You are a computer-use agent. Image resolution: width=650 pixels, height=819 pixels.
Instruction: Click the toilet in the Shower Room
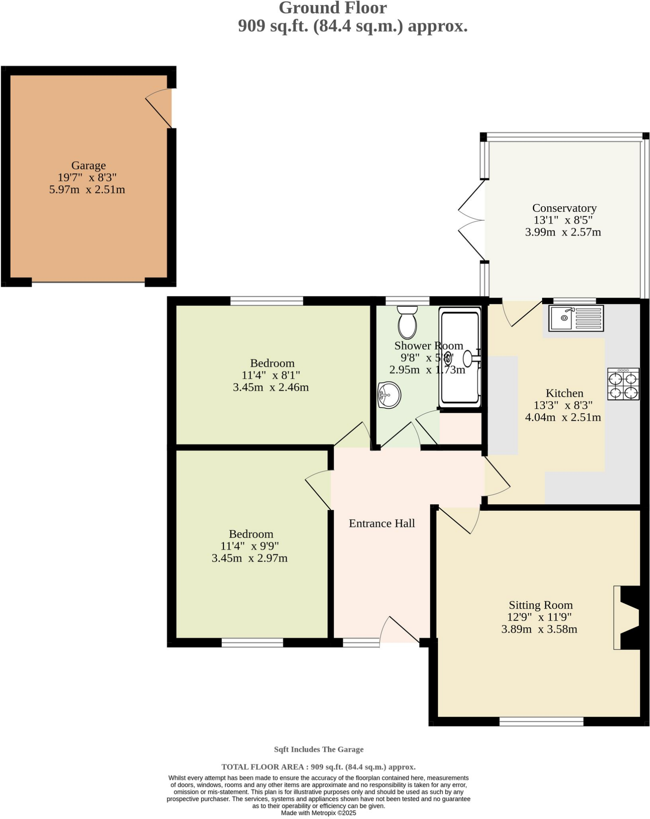click(407, 322)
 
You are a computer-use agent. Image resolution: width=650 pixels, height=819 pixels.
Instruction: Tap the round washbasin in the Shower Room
click(389, 395)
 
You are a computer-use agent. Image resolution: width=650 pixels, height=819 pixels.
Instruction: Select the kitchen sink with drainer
click(576, 318)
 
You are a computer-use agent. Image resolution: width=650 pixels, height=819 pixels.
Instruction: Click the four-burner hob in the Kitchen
click(623, 384)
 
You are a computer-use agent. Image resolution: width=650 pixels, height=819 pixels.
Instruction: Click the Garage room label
click(88, 166)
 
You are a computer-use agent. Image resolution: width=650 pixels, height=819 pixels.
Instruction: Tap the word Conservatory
click(564, 208)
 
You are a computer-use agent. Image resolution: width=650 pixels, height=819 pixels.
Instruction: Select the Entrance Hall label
click(381, 523)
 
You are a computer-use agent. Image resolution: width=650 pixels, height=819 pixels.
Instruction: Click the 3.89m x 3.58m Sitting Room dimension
click(539, 629)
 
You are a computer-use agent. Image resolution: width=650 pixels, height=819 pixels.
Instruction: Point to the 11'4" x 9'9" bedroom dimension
click(249, 546)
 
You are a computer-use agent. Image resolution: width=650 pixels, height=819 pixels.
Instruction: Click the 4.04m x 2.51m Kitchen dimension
click(562, 417)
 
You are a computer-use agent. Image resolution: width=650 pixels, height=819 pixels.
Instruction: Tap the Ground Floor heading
click(332, 8)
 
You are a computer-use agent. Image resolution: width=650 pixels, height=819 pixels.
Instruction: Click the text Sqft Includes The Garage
click(319, 749)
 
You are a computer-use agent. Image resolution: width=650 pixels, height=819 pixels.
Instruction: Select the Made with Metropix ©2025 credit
click(318, 813)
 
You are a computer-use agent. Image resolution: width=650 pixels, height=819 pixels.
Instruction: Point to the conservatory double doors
click(472, 220)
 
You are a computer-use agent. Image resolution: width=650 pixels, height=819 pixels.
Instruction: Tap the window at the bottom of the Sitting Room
click(541, 721)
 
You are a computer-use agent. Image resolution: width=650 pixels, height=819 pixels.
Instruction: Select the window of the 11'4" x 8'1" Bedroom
click(267, 301)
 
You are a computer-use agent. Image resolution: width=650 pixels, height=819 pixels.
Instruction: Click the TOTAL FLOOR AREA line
click(318, 767)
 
